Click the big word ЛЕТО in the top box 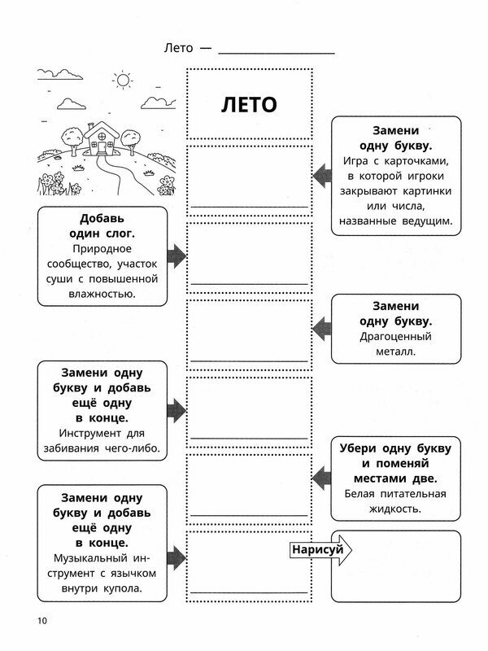pos(249,104)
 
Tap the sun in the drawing pos(123,80)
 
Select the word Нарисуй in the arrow pos(316,550)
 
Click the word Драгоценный pos(395,336)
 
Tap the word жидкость pos(394,509)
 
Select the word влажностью pos(102,294)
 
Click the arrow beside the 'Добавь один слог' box pos(176,256)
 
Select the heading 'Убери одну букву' pos(396,448)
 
